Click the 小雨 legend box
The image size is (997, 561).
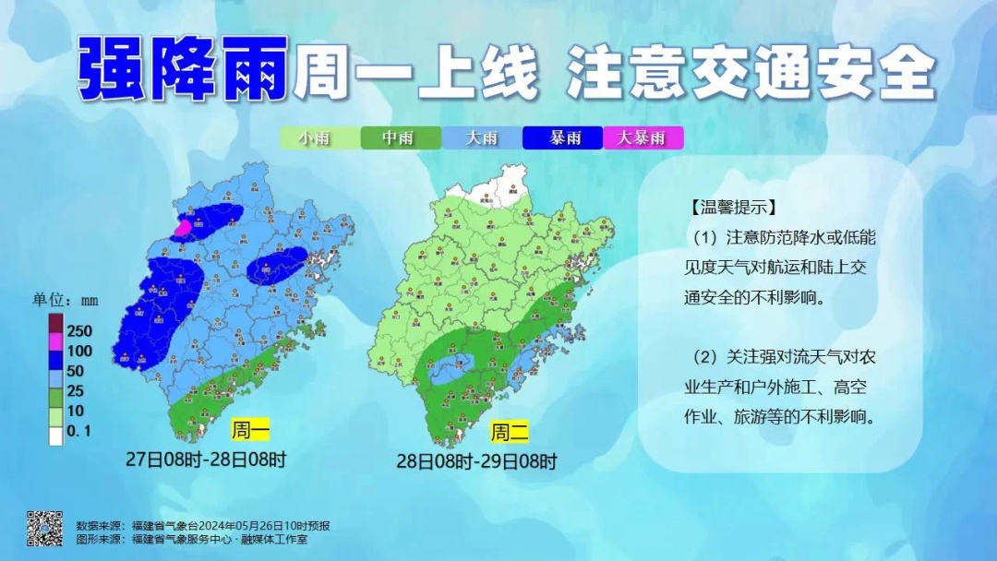coord(319,138)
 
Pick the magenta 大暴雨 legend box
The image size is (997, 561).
coord(643,138)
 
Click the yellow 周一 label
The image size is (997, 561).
coord(251,430)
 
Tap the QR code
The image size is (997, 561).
coord(44,527)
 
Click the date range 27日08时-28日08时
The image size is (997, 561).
coord(207,459)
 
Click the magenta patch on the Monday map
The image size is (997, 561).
coord(184,227)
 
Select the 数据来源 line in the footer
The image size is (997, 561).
coord(203,525)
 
